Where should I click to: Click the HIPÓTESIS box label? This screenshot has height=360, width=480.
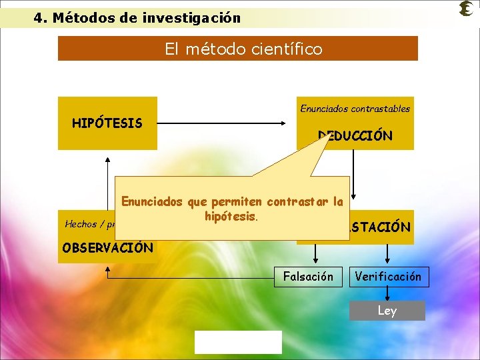pyautogui.click(x=107, y=123)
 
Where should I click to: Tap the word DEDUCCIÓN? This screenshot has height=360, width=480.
pyautogui.click(x=356, y=136)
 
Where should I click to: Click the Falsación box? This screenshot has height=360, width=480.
pyautogui.click(x=308, y=276)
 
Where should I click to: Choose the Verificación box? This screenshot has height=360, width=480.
pyautogui.click(x=389, y=276)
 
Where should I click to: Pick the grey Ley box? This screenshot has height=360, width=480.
pyautogui.click(x=387, y=311)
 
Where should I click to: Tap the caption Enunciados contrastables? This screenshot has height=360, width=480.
pyautogui.click(x=355, y=108)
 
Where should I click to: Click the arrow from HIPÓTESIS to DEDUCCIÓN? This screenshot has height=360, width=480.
pyautogui.click(x=227, y=123)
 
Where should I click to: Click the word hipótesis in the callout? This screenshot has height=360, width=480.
pyautogui.click(x=231, y=216)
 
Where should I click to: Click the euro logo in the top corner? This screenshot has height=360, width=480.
pyautogui.click(x=467, y=9)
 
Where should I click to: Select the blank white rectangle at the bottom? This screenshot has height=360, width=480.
pyautogui.click(x=238, y=342)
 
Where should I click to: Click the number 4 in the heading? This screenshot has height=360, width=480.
pyautogui.click(x=38, y=18)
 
